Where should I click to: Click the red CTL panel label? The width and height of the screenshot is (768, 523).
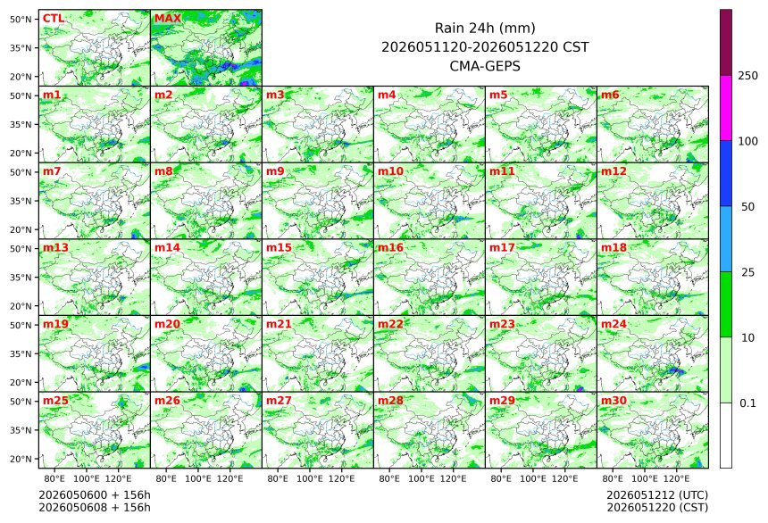tap(54, 19)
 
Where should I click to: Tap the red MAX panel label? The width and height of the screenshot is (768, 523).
tap(168, 19)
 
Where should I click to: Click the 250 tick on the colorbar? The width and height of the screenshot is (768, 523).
tap(748, 76)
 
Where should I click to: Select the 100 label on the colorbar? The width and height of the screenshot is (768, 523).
tap(748, 142)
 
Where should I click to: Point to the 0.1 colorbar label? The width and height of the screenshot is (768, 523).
tap(747, 403)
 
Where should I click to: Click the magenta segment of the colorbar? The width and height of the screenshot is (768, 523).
tap(726, 108)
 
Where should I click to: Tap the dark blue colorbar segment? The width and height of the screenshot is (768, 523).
tap(726, 173)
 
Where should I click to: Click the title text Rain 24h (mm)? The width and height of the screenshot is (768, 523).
tap(485, 28)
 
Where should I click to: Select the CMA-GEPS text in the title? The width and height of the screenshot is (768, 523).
tap(485, 66)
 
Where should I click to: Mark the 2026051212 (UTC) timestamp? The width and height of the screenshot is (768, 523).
tap(657, 495)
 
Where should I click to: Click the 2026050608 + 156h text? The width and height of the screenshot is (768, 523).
tap(95, 507)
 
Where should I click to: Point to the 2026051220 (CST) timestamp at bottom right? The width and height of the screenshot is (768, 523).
tap(657, 507)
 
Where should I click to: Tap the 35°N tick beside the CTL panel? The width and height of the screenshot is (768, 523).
tap(21, 48)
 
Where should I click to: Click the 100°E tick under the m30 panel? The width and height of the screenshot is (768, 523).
tap(645, 478)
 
